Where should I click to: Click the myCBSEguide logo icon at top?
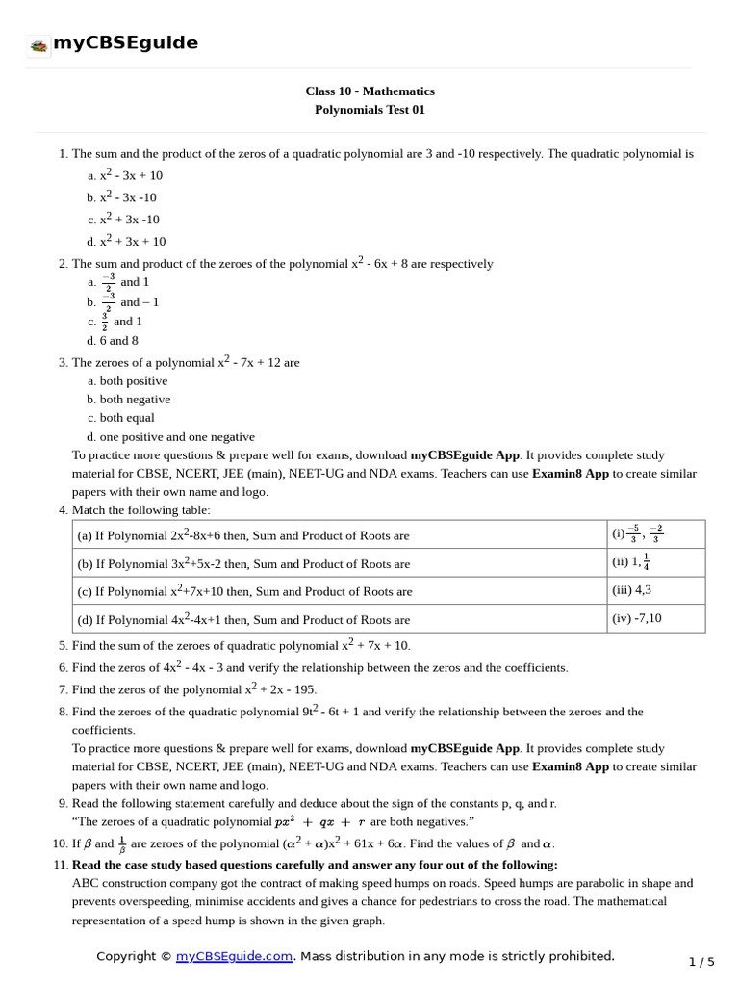click(x=38, y=45)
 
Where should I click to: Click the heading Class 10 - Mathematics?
click(x=369, y=91)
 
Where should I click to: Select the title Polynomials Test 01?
click(x=369, y=110)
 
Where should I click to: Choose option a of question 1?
click(x=125, y=175)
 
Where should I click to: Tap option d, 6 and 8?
click(x=113, y=341)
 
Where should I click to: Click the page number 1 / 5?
click(x=702, y=962)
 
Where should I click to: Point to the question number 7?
click(x=63, y=690)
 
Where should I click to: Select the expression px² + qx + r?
click(x=320, y=822)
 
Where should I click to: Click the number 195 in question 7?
click(x=303, y=690)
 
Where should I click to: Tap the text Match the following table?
click(x=140, y=510)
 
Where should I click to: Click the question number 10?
click(x=61, y=844)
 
